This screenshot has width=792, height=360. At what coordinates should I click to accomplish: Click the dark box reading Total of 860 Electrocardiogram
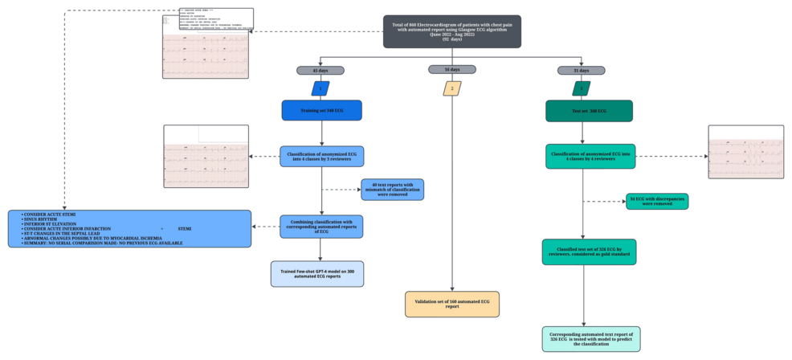[x=451, y=31]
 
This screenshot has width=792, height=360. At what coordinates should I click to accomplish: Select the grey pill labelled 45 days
[x=321, y=71]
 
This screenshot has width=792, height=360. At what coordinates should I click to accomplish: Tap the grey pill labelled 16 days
[x=452, y=70]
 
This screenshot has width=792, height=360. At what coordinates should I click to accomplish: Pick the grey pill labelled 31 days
[x=582, y=71]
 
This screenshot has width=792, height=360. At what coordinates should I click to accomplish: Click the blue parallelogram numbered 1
[x=321, y=88]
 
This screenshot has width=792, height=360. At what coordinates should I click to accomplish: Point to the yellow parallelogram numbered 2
[x=452, y=88]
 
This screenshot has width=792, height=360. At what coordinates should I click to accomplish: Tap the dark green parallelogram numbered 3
[x=582, y=88]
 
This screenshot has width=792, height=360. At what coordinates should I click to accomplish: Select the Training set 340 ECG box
[x=321, y=110]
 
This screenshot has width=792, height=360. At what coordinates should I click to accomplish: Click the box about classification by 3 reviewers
[x=321, y=156]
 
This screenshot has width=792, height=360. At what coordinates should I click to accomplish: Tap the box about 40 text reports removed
[x=392, y=190]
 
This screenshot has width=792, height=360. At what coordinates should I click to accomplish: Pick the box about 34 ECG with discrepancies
[x=657, y=201]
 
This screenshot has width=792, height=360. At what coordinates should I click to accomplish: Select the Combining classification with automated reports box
[x=321, y=227]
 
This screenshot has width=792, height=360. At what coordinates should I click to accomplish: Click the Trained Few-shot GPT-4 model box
[x=317, y=273]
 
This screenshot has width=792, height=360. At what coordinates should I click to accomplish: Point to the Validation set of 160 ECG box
[x=452, y=304]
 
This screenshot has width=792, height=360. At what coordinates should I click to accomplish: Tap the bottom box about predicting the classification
[x=591, y=339]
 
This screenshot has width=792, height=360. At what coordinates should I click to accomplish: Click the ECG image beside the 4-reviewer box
[x=745, y=152]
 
